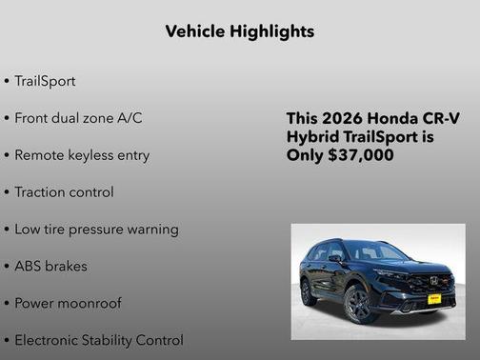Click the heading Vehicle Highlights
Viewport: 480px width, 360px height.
pyautogui.click(x=239, y=31)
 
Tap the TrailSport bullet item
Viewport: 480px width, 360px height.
pyautogui.click(x=44, y=81)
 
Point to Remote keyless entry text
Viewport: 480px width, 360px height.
pyautogui.click(x=81, y=155)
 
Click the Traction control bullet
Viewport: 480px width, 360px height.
pyautogui.click(x=64, y=192)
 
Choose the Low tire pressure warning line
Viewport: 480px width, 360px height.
pyautogui.click(x=96, y=230)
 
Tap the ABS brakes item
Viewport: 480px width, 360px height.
pyautogui.click(x=50, y=267)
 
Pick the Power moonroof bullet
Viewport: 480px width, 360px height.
pyautogui.click(x=68, y=304)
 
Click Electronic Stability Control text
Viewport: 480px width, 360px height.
pyautogui.click(x=98, y=340)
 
